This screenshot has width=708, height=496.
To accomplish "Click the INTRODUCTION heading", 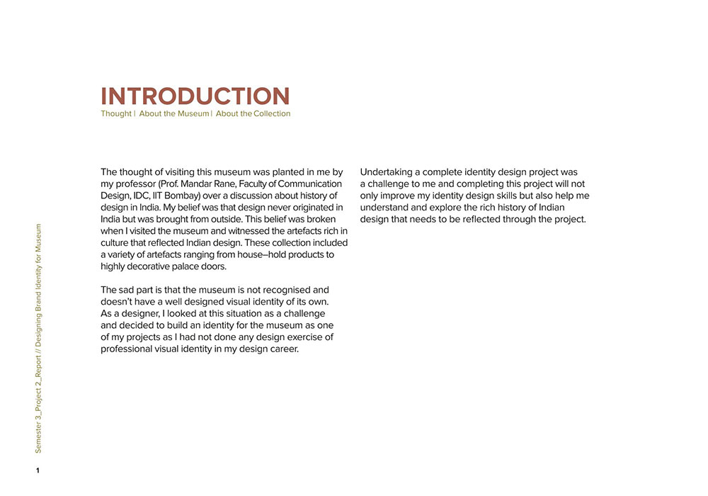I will coord(195,96).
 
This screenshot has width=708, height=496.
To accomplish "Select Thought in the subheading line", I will coord(116,113).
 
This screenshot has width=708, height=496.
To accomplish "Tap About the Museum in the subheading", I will coord(174,113).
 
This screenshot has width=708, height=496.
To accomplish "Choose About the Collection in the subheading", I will coord(253,113).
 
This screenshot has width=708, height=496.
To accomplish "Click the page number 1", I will coord(38,470).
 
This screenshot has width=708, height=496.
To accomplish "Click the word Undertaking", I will coord(390,172).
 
